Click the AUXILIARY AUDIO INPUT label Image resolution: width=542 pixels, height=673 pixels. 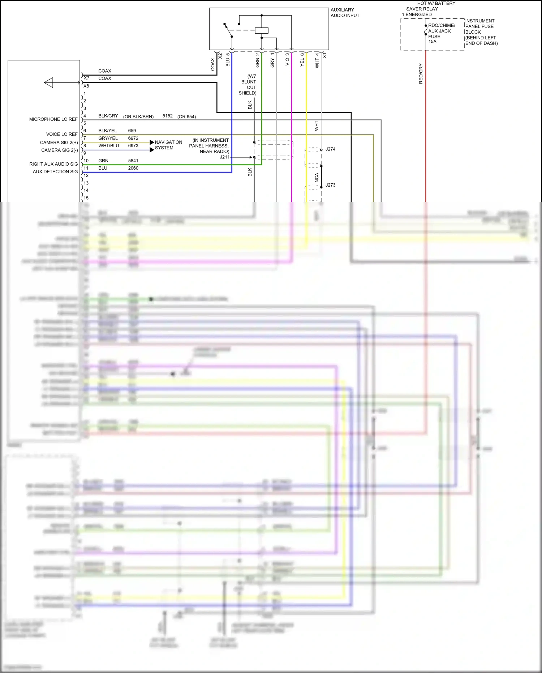(x=345, y=13)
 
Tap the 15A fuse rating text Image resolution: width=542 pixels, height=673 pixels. (x=432, y=42)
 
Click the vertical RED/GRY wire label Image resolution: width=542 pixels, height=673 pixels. (x=421, y=74)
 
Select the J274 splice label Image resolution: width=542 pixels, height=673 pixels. (x=330, y=149)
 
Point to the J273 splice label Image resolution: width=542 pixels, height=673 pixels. (x=330, y=185)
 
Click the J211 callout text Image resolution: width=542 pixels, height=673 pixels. (x=224, y=157)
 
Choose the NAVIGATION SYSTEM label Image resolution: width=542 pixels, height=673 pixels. (x=168, y=145)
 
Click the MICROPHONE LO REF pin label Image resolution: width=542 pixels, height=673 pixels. (x=53, y=119)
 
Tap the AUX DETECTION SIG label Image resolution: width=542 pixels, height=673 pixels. (x=55, y=172)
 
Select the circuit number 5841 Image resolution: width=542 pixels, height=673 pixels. (x=133, y=161)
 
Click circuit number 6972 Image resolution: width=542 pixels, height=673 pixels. (x=133, y=138)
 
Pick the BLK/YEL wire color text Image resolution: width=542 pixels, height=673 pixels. (x=107, y=131)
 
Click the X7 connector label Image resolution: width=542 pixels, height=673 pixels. (x=86, y=78)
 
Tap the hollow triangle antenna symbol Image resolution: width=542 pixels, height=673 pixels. (x=49, y=82)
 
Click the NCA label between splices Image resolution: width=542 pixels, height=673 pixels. (x=317, y=177)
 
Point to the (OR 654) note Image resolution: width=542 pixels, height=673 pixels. (x=186, y=116)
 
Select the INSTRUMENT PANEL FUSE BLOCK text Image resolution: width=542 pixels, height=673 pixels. (x=481, y=32)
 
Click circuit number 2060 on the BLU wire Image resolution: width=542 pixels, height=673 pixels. (x=133, y=168)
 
